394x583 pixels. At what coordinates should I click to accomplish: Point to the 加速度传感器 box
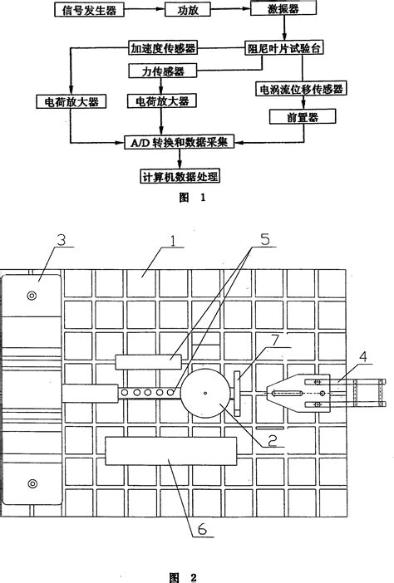click(162, 49)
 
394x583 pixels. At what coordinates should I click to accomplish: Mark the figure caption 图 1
click(190, 199)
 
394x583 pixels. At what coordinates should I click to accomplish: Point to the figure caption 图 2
click(192, 573)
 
